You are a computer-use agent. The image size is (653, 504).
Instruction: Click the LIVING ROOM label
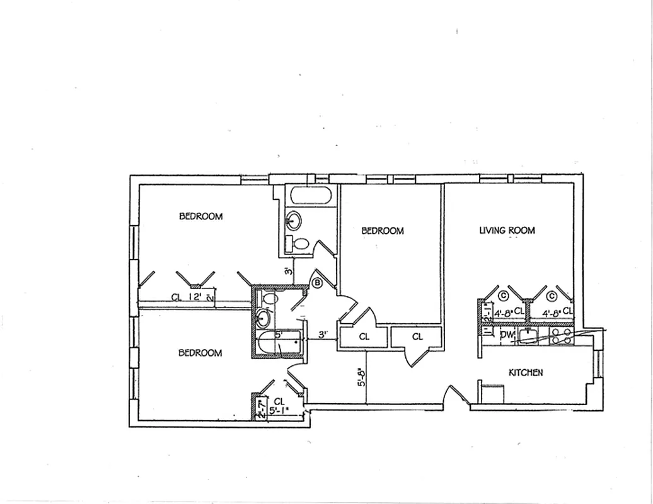coord(507,231)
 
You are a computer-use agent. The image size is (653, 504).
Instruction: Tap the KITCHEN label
coord(526,373)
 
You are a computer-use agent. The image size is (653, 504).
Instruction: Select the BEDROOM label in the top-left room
coord(201,217)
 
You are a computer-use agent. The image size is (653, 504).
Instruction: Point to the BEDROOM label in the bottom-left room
coord(200,353)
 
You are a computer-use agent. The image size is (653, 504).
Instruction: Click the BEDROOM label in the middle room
coord(382,231)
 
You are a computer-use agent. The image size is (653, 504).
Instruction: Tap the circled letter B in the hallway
coord(318,283)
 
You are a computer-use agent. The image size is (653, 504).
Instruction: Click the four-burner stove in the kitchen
coord(562,336)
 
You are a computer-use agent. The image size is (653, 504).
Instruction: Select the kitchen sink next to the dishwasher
coord(531,336)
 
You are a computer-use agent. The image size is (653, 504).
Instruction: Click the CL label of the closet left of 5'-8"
coord(364,337)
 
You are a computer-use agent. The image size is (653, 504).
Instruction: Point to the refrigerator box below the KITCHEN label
coord(492,394)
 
